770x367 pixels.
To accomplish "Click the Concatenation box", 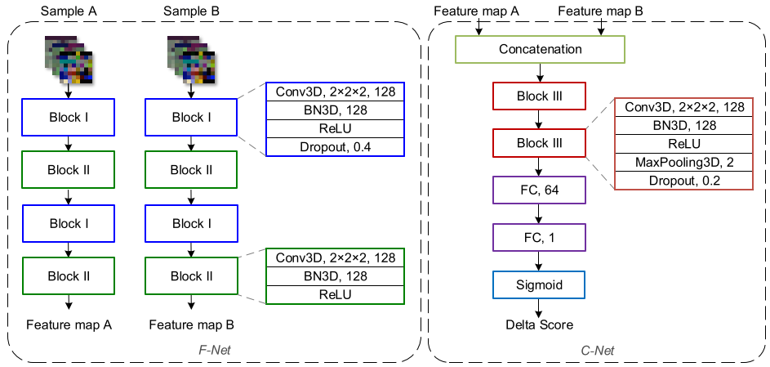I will pyautogui.click(x=541, y=49).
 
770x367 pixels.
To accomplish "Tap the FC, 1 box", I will pyautogui.click(x=540, y=239).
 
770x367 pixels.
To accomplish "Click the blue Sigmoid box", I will pyautogui.click(x=540, y=285).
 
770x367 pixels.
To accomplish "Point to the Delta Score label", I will pyautogui.click(x=540, y=324).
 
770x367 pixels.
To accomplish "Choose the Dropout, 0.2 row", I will pyautogui.click(x=684, y=181).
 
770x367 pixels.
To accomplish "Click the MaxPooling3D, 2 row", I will pyautogui.click(x=684, y=163).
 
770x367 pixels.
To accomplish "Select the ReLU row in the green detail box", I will pyautogui.click(x=336, y=293).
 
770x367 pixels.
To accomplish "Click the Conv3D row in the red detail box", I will pyautogui.click(x=684, y=107).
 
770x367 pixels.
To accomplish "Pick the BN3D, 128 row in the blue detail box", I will pyautogui.click(x=336, y=110).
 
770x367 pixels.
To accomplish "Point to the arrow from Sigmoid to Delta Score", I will pyautogui.click(x=540, y=307).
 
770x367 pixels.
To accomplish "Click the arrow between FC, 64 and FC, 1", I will pyautogui.click(x=540, y=215).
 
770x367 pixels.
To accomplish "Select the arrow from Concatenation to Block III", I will pyautogui.click(x=540, y=73).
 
